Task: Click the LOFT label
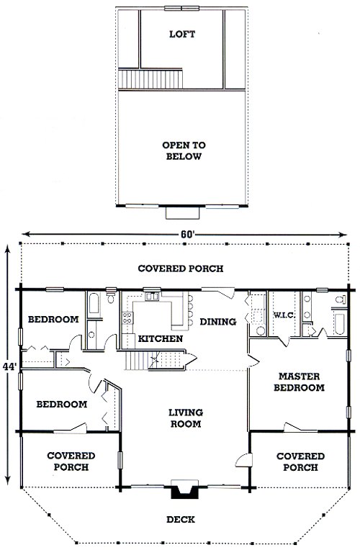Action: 182,34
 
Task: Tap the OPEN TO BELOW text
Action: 184,150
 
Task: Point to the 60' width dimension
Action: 188,234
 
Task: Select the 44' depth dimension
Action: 9,367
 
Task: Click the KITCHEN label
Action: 161,338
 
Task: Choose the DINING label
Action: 218,321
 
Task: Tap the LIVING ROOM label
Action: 186,418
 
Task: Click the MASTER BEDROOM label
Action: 299,382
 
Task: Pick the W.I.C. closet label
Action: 284,315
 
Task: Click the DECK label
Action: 181,519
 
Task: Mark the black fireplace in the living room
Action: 184,489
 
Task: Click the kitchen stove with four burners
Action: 127,317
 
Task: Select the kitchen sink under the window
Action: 153,297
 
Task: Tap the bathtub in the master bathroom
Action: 340,323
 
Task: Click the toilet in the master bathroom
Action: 340,300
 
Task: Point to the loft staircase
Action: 150,79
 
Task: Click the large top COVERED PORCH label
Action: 180,269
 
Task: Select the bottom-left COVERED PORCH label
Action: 71,461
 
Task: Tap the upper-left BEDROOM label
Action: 53,319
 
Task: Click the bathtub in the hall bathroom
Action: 94,304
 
